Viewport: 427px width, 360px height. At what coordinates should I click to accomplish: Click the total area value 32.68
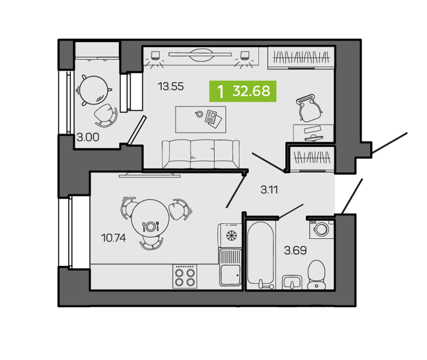(x=251, y=91)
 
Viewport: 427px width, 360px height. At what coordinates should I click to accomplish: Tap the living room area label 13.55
(x=171, y=87)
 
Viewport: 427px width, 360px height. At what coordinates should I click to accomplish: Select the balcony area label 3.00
(x=88, y=137)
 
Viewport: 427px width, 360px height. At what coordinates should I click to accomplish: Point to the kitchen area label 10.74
(x=113, y=238)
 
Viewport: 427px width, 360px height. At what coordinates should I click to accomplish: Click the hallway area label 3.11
(x=269, y=189)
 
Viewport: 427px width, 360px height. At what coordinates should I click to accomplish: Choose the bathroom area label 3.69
(x=295, y=250)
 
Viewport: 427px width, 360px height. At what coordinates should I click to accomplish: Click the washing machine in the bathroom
(x=321, y=229)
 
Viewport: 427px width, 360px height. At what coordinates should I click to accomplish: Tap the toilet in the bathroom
(x=316, y=274)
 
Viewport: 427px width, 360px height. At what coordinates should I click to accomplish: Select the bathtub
(x=261, y=255)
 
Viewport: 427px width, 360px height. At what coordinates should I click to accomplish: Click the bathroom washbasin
(x=292, y=282)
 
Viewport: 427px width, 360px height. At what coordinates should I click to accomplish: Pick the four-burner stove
(x=185, y=276)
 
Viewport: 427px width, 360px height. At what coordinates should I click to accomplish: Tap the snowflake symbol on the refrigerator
(x=232, y=235)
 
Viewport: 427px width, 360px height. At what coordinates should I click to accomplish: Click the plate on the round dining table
(x=150, y=226)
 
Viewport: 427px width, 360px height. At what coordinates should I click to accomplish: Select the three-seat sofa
(x=201, y=154)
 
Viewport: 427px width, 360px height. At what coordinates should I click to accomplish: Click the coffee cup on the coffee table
(x=199, y=114)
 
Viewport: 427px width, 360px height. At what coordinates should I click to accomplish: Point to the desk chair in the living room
(x=309, y=108)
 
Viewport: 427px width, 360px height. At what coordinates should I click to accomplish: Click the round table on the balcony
(x=94, y=90)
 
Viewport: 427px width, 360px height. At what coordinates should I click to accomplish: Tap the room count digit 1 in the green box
(x=220, y=91)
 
